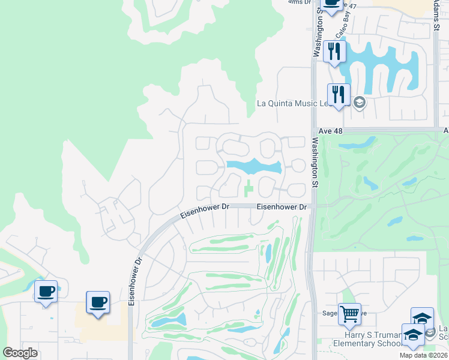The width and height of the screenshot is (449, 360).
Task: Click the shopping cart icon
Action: (349, 313)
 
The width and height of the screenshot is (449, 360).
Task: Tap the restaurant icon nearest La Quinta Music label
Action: (339, 94)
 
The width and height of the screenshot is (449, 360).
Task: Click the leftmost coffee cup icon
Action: (46, 292)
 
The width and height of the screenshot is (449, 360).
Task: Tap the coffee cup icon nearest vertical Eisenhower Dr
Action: (98, 301)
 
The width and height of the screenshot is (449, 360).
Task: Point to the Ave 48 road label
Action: (330, 130)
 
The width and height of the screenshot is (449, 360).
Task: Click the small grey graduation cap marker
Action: (359, 101)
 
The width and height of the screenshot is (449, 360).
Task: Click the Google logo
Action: (20, 352)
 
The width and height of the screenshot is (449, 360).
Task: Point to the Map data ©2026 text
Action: (423, 355)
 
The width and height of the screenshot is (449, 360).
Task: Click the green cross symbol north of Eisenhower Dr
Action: (249, 190)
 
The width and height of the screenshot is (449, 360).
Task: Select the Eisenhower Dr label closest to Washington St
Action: (282, 207)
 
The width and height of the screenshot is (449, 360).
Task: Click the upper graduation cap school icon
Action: (422, 317)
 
